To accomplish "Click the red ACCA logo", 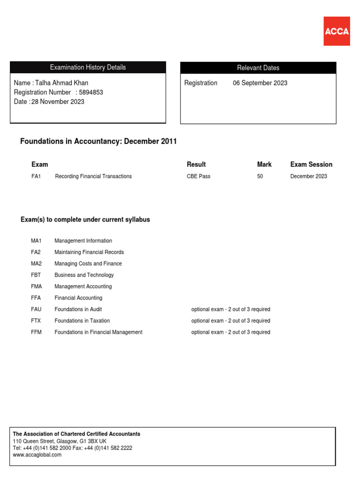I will (x=337, y=31).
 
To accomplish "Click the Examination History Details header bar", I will (x=88, y=67).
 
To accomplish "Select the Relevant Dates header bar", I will (x=258, y=68).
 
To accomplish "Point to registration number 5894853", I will (x=91, y=92).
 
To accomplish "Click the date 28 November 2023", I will (x=58, y=102).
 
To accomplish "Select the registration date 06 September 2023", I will (x=260, y=83).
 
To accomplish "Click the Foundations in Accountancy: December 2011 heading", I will (x=98, y=142).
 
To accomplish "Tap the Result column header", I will (x=196, y=165).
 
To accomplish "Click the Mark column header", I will (x=264, y=165).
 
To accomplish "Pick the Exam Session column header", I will (x=311, y=165).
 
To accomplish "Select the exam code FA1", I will (x=36, y=176).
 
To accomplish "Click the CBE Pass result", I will (x=198, y=176).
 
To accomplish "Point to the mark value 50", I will (x=260, y=176).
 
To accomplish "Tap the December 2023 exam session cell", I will (x=308, y=176).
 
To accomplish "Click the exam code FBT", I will (x=37, y=275).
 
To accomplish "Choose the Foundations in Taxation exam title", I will (x=82, y=321).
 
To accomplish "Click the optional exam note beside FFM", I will (x=231, y=332).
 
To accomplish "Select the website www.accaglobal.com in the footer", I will (x=37, y=455).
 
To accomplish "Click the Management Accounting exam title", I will (x=83, y=286).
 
